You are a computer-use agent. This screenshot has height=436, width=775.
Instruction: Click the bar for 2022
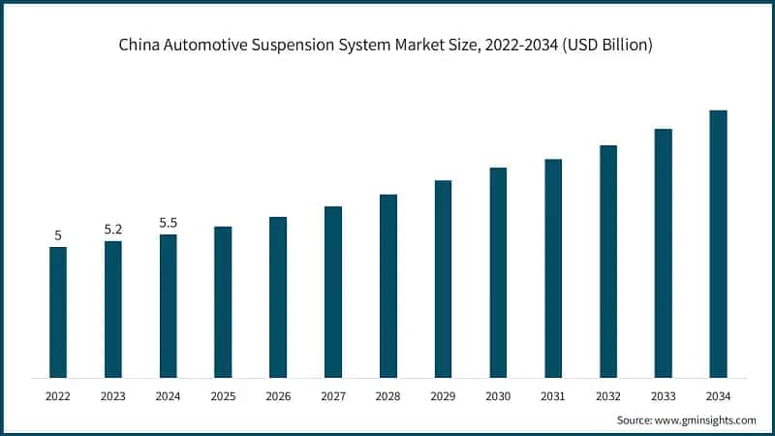pyautogui.click(x=58, y=312)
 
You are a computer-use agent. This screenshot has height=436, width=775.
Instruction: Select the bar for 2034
pyautogui.click(x=718, y=243)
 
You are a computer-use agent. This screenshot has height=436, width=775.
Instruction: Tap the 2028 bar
pyautogui.click(x=388, y=286)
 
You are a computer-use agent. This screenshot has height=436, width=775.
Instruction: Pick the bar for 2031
pyautogui.click(x=553, y=268)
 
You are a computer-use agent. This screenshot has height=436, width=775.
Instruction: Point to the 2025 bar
pyautogui.click(x=223, y=301)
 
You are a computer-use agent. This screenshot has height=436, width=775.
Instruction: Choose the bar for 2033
pyautogui.click(x=663, y=253)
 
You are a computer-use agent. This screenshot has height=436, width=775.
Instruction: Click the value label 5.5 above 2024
pyautogui.click(x=169, y=223)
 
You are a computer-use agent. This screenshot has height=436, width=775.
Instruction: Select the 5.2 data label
pyautogui.click(x=113, y=230)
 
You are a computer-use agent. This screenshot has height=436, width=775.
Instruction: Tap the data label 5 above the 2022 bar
pyautogui.click(x=58, y=235)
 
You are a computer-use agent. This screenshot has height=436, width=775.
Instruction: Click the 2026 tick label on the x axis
pyautogui.click(x=278, y=395)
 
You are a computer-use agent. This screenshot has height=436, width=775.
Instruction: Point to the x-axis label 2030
pyautogui.click(x=498, y=395)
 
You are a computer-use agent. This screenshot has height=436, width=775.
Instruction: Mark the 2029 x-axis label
pyautogui.click(x=443, y=395)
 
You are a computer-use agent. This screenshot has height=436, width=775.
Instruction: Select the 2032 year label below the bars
pyautogui.click(x=608, y=395)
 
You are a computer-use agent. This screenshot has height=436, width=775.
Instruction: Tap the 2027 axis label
pyautogui.click(x=333, y=395)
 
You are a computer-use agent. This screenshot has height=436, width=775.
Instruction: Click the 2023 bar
pyautogui.click(x=113, y=309)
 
